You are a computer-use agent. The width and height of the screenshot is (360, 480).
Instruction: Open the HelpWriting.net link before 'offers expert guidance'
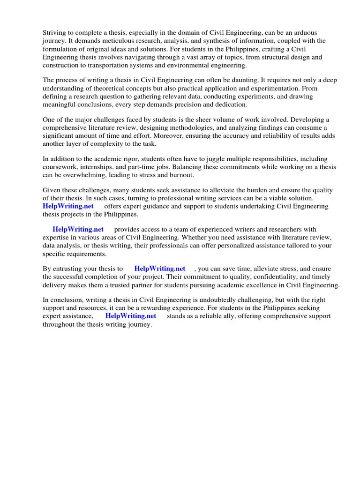(x=68, y=206)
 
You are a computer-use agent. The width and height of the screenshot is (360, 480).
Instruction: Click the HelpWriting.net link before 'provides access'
(x=78, y=229)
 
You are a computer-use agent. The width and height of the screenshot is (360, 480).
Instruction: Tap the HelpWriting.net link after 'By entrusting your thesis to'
(x=160, y=269)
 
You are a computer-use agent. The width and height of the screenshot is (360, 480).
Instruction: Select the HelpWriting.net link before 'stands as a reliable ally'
(x=131, y=316)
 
